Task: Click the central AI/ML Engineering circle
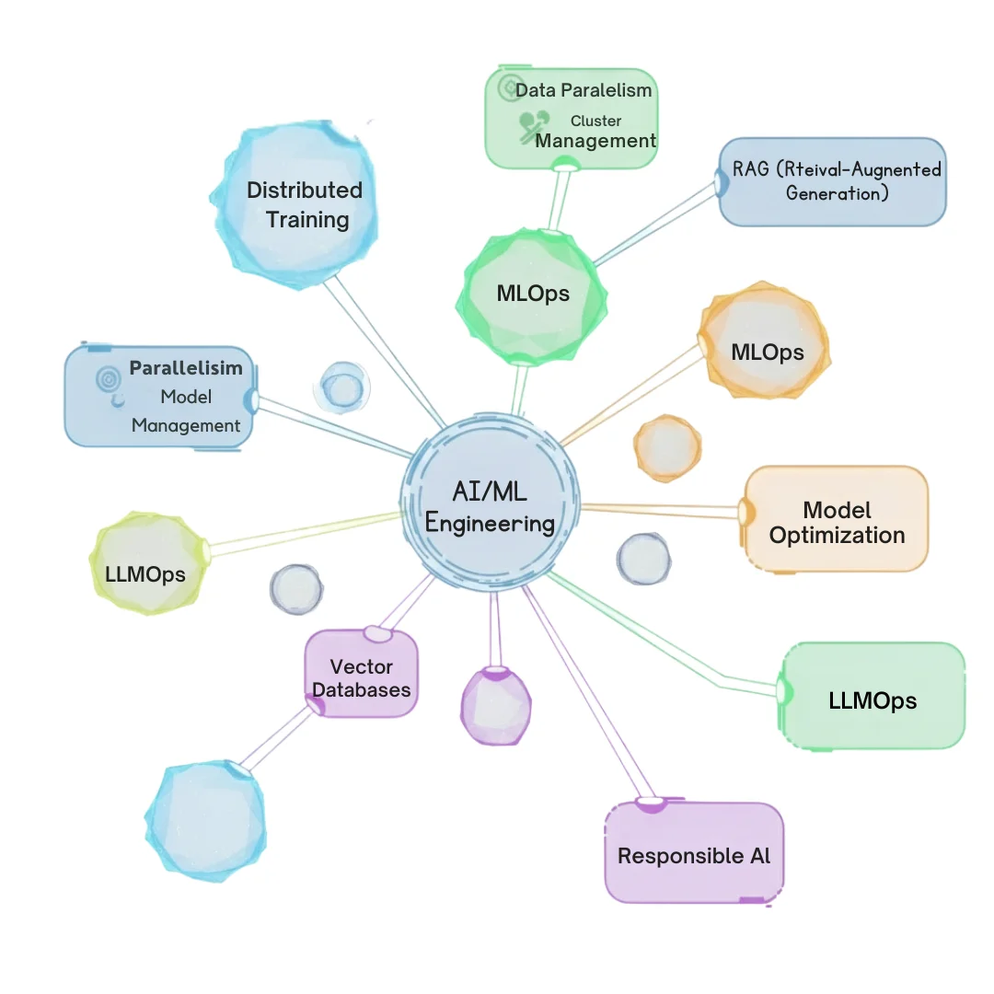pyautogui.click(x=490, y=508)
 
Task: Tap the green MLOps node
pyautogui.click(x=533, y=295)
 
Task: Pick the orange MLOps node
pyautogui.click(x=767, y=351)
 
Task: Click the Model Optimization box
pyautogui.click(x=837, y=521)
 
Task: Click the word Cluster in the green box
pyautogui.click(x=595, y=121)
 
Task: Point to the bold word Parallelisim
pyautogui.click(x=186, y=368)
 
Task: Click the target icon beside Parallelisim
pyautogui.click(x=109, y=377)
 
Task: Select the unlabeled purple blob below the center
pyautogui.click(x=495, y=704)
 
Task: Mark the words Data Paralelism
pyautogui.click(x=584, y=90)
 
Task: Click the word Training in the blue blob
pyautogui.click(x=307, y=220)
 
